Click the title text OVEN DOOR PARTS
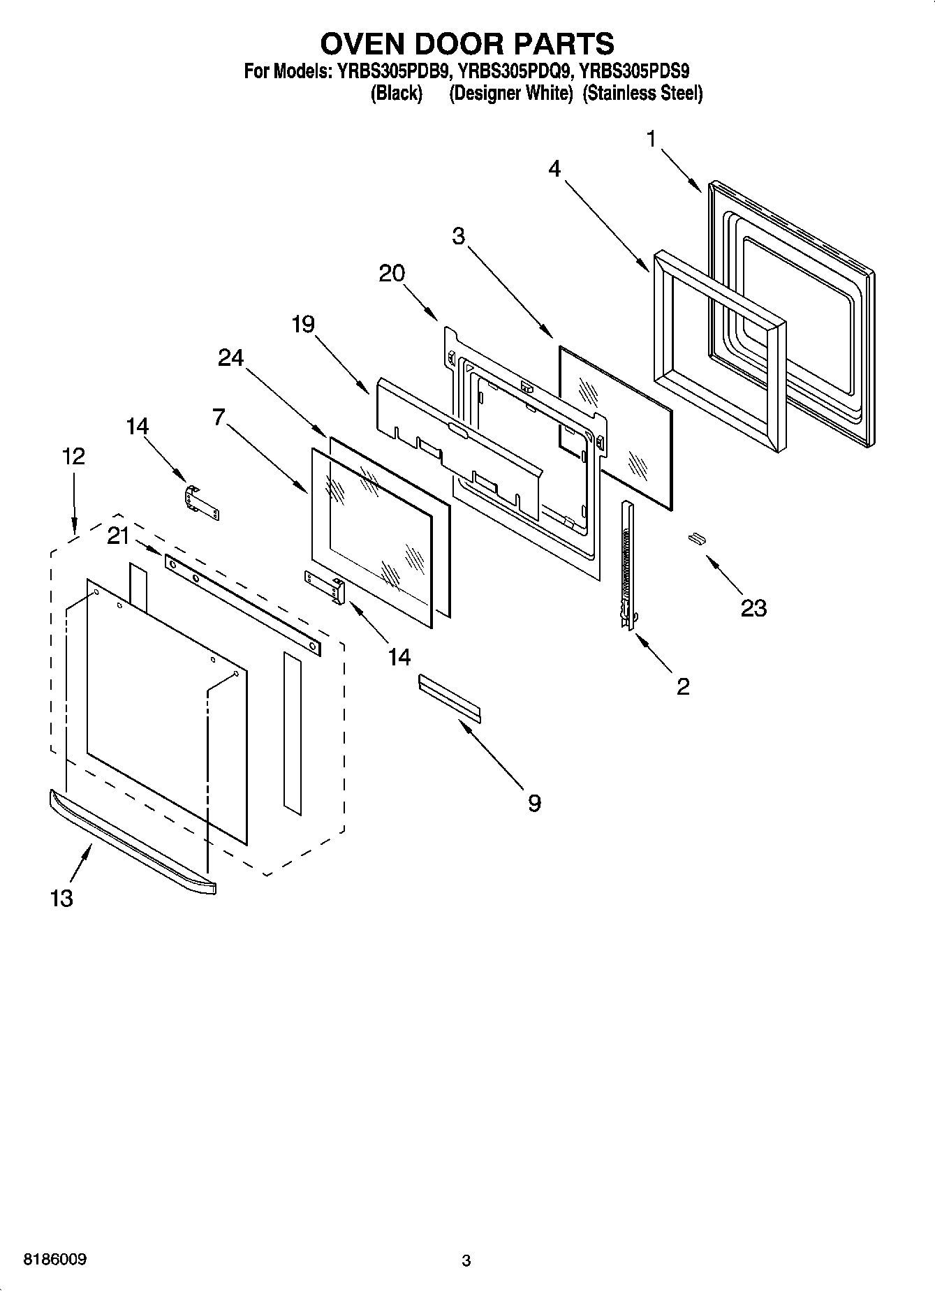467,43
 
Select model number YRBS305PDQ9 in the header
517,71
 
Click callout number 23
753,608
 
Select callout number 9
533,803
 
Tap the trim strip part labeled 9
450,696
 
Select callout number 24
230,357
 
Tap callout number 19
303,324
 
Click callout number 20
392,273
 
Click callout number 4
554,168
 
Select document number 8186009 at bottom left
55,1260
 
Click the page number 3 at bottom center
466,1260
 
